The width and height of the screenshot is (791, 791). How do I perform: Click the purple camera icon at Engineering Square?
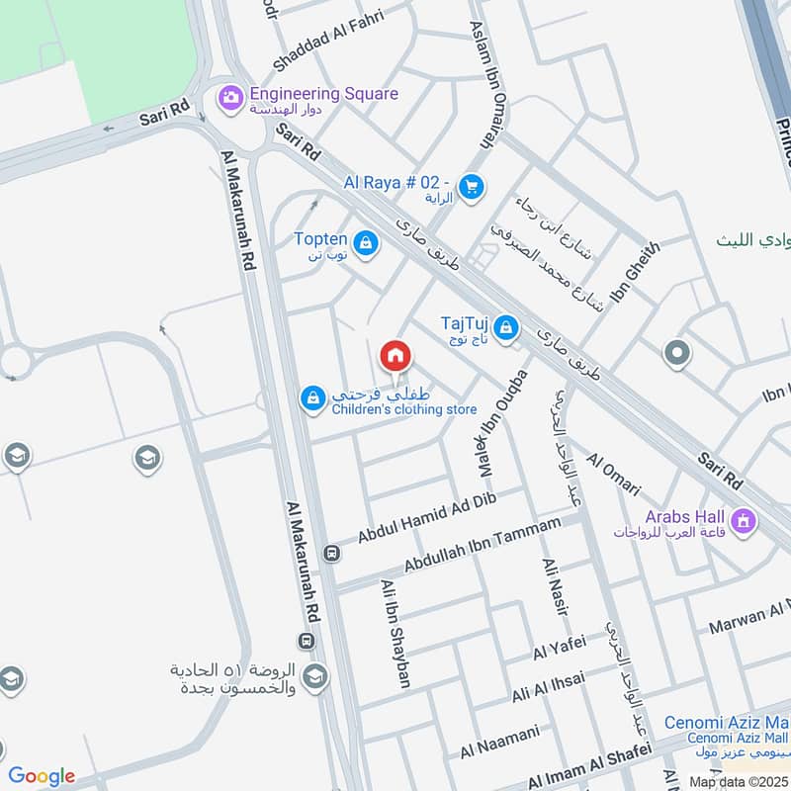(230, 96)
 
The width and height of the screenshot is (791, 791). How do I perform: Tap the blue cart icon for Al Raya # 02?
(472, 186)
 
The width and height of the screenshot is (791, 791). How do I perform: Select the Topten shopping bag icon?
(366, 242)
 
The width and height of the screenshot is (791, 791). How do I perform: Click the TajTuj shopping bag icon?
(506, 327)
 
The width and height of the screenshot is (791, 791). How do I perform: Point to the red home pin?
(395, 356)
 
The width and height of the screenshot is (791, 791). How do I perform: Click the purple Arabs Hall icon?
(744, 518)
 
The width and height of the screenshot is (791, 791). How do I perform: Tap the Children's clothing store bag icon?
(312, 398)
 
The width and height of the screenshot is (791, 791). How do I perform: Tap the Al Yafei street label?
(559, 649)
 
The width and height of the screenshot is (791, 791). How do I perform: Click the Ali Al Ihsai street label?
(548, 685)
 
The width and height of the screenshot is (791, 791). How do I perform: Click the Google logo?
(42, 776)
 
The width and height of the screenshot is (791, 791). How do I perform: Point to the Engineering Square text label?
(323, 94)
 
